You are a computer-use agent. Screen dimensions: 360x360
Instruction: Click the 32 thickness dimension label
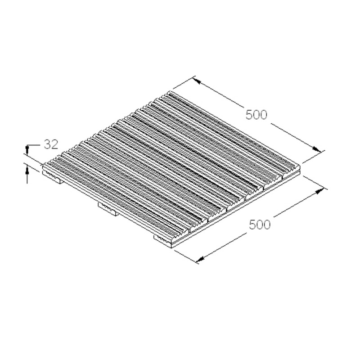click(51, 144)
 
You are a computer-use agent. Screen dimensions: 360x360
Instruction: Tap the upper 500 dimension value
click(256, 115)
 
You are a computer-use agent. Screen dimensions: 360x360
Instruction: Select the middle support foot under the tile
click(108, 208)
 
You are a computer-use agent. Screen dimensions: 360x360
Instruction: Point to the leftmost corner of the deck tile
click(43, 167)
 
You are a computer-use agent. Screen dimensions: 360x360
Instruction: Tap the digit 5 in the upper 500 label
click(249, 115)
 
